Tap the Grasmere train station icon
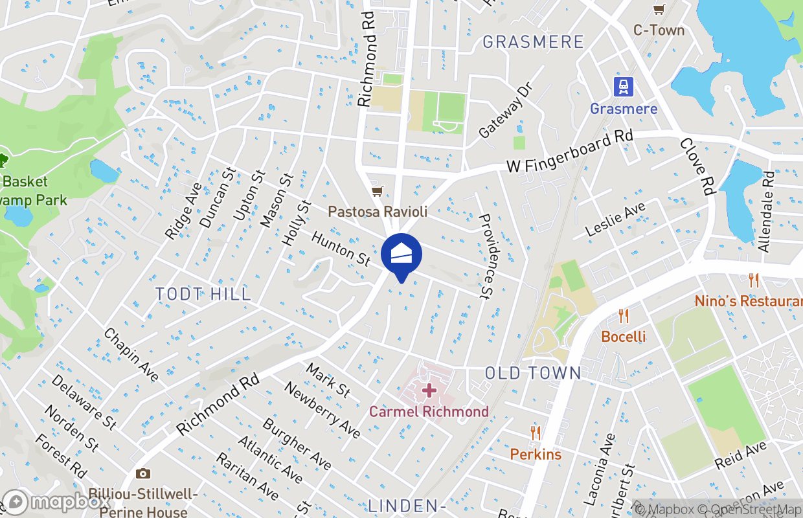click(624, 86)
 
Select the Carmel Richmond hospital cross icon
click(429, 390)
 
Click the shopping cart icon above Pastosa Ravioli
click(377, 191)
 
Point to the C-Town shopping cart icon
click(659, 9)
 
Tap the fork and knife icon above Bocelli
click(624, 316)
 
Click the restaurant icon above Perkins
click(536, 433)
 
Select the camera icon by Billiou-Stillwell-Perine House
click(143, 474)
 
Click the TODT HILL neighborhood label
click(203, 294)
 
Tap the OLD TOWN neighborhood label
click(533, 373)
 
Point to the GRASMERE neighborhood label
click(533, 42)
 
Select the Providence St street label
click(492, 256)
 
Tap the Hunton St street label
click(341, 249)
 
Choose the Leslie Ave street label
click(615, 220)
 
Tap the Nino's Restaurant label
click(748, 301)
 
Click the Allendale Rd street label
click(765, 212)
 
